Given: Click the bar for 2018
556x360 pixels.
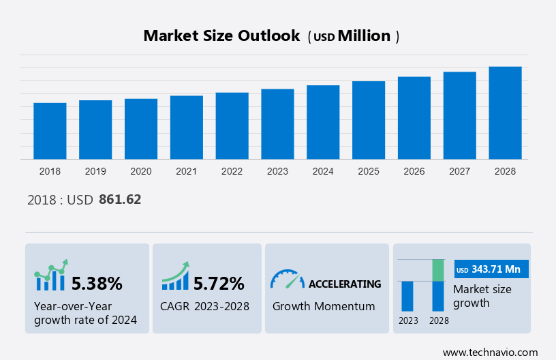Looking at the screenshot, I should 50,131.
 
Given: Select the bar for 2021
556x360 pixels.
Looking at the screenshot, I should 187,127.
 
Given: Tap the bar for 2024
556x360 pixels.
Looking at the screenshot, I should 323,122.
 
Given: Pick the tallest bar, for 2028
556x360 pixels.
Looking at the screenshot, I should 505,112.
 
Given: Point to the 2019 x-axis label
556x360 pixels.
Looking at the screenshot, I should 95,171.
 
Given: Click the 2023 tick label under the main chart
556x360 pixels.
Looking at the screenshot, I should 277,171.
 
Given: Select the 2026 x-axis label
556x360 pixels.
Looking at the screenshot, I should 414,171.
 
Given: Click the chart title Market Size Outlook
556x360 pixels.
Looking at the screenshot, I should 221,36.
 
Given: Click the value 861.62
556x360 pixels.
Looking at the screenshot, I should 120,200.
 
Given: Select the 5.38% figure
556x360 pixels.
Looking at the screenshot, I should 97,283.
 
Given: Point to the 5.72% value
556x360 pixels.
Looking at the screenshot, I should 219,283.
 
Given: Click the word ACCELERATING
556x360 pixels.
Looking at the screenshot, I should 345,284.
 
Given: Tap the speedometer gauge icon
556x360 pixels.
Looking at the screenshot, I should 287,280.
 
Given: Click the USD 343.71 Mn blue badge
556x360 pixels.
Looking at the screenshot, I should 491,269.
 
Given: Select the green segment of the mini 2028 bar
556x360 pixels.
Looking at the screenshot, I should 438,270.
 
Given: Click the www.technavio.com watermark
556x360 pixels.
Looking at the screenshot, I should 490,352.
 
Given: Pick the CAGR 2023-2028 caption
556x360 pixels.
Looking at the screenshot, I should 204,306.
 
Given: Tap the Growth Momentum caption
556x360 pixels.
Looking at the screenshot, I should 324,306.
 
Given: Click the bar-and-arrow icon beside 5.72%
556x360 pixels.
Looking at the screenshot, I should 175,275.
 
